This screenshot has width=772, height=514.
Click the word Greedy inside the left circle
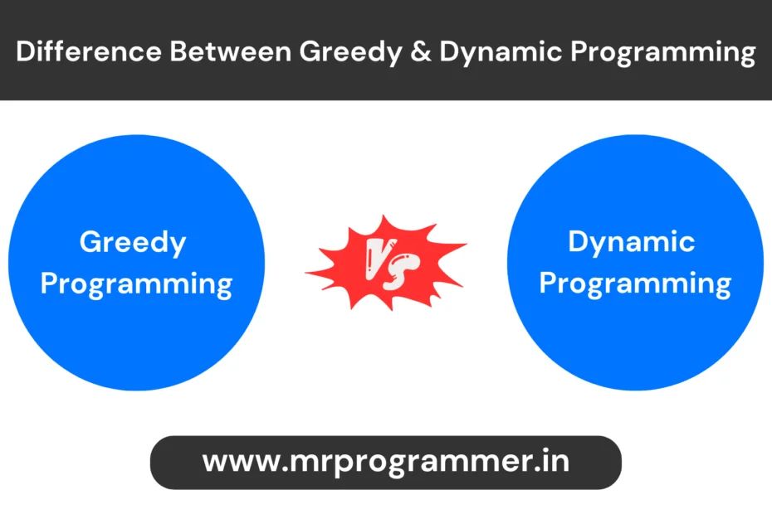click(133, 243)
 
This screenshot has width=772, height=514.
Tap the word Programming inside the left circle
click(136, 284)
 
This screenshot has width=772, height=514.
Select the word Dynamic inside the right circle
click(632, 243)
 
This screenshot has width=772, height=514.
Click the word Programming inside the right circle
click(635, 284)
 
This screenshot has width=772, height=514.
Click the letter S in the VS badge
click(403, 274)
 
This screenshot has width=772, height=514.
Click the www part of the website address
click(236, 461)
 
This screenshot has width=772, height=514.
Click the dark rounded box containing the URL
click(385, 462)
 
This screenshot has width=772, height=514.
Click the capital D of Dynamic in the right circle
click(579, 242)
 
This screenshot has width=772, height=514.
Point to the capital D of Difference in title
click(25, 51)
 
